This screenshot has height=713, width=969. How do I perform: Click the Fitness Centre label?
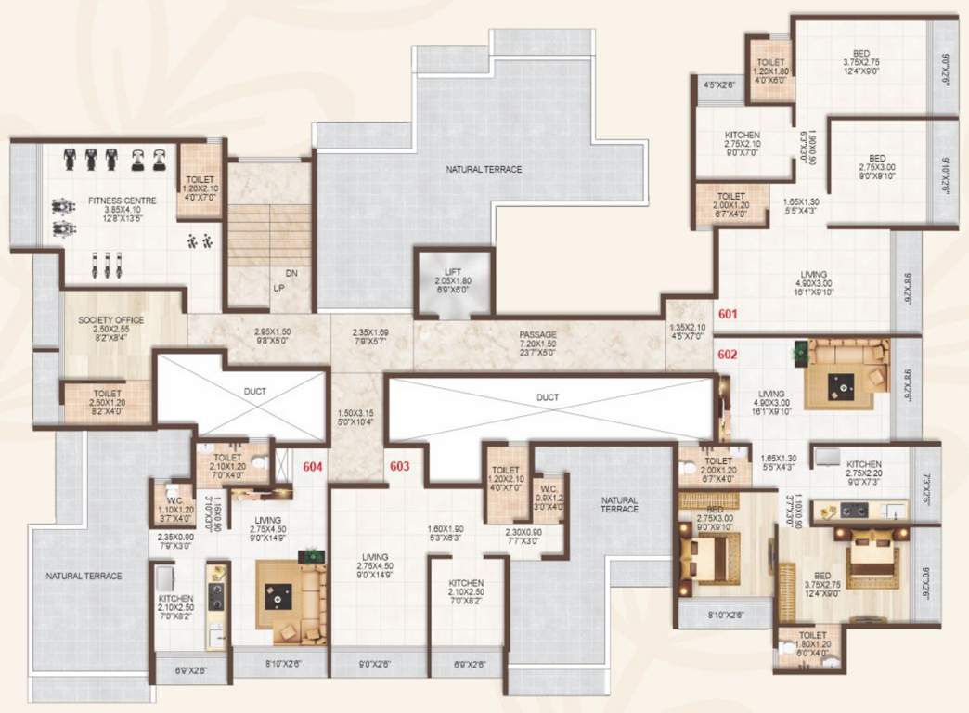[122, 201]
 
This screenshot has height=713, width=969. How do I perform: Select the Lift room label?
[452, 271]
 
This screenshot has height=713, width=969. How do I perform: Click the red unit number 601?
[727, 315]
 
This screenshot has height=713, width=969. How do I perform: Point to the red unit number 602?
[727, 354]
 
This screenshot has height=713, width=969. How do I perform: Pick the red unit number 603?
[399, 466]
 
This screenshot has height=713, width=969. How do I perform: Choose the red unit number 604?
[312, 467]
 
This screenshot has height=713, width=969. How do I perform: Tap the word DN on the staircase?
[291, 274]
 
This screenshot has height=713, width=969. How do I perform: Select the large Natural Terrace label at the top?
[484, 170]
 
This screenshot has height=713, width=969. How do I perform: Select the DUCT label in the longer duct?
[548, 397]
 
